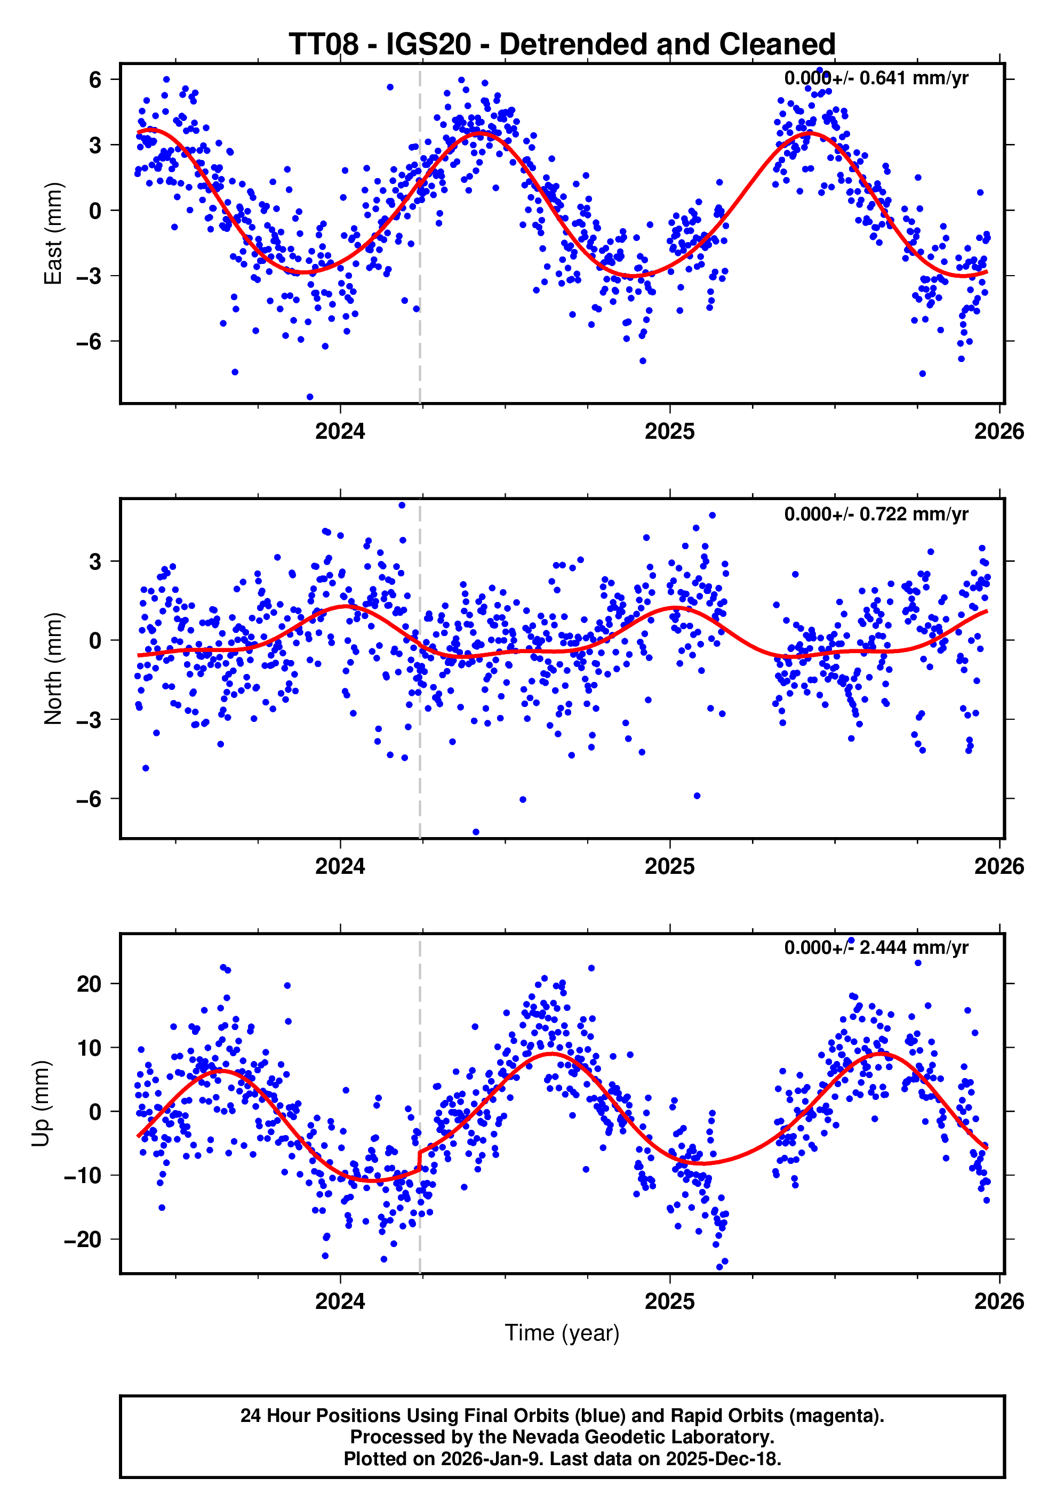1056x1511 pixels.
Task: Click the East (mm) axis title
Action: (53, 234)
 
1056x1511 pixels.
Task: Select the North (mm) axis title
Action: (53, 669)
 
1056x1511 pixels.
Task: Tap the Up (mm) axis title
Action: (41, 1104)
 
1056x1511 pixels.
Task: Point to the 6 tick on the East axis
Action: (95, 79)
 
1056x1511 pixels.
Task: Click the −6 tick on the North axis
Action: (88, 799)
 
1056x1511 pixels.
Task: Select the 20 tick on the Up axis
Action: (89, 984)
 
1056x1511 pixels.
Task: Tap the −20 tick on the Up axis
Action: (82, 1239)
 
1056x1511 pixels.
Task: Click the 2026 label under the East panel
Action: (999, 432)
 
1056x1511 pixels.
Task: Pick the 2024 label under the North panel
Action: (340, 867)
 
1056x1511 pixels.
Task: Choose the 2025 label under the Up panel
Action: (669, 1301)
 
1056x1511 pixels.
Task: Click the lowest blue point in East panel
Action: (310, 397)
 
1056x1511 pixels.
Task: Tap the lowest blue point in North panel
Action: (476, 832)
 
